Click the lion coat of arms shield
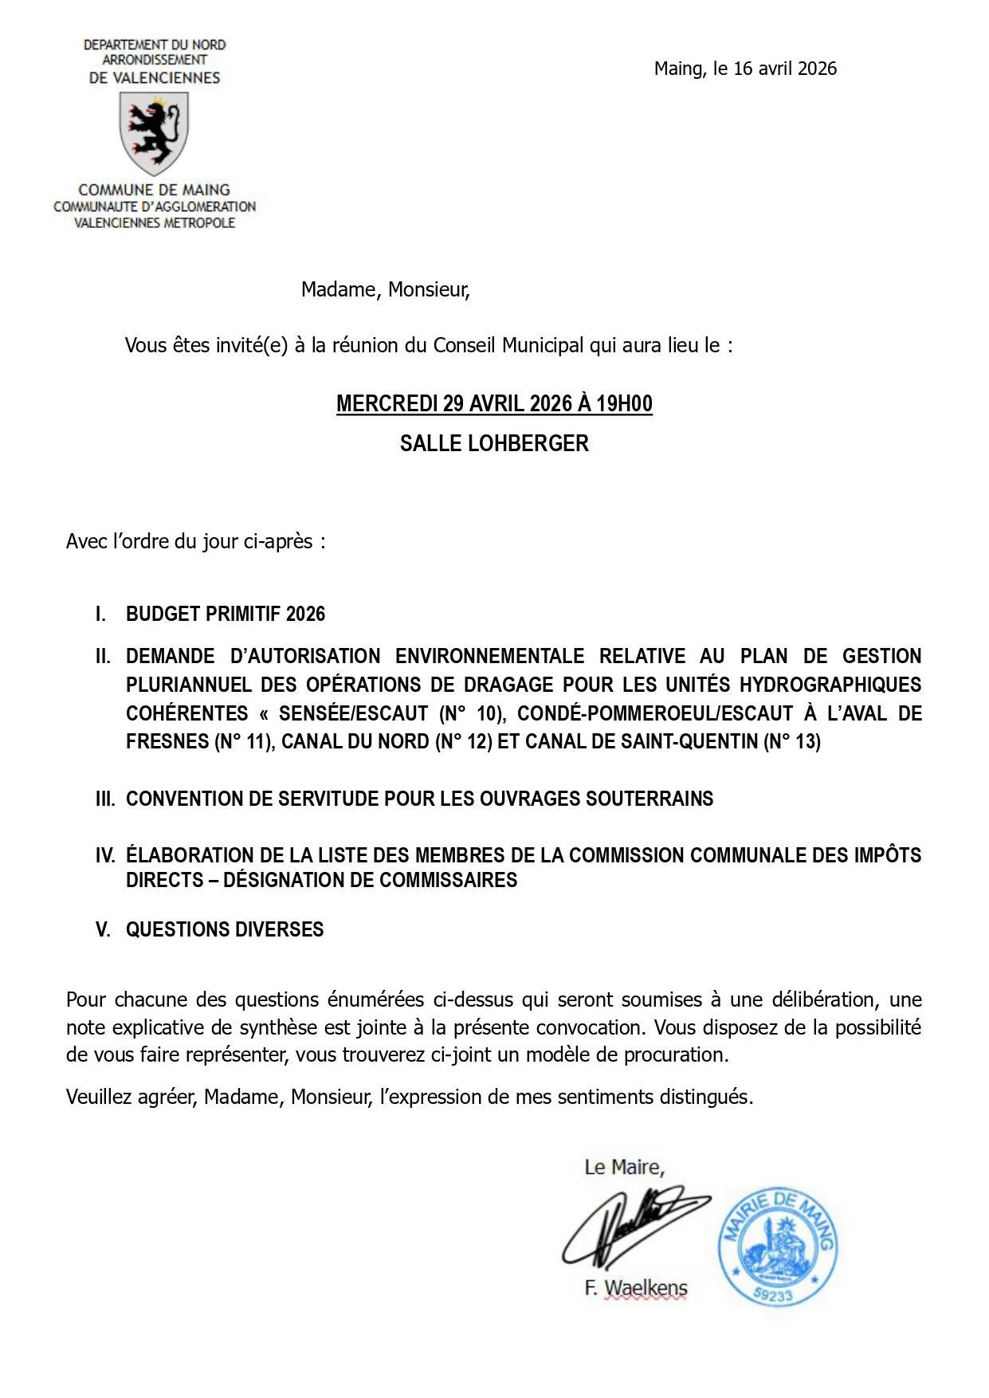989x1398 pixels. [154, 133]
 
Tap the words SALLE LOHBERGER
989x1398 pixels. [494, 443]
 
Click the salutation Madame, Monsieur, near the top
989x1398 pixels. [385, 289]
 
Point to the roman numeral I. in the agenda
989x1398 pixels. [100, 614]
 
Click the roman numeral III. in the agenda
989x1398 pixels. [105, 799]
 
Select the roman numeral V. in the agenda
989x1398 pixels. [103, 929]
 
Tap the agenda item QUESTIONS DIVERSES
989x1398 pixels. [225, 929]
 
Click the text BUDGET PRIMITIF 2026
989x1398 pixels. [226, 614]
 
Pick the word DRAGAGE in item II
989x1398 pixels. [510, 685]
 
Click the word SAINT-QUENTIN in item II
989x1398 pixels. [688, 742]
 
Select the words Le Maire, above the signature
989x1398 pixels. [624, 1168]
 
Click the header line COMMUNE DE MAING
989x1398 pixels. [154, 190]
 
